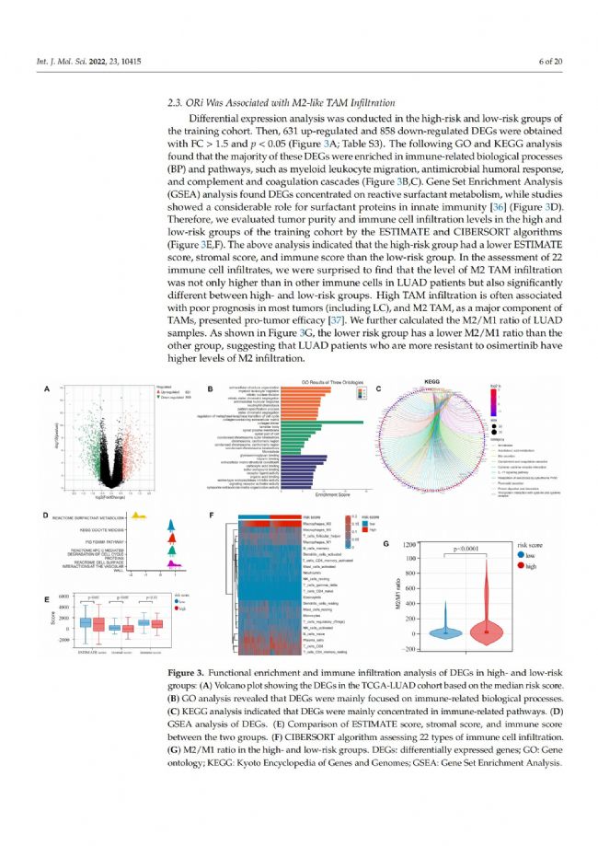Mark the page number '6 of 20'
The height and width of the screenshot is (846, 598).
click(x=537, y=61)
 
